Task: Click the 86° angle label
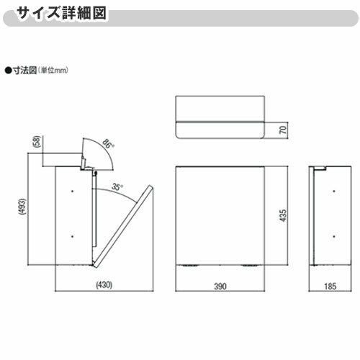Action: (x=109, y=145)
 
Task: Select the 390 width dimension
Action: (x=221, y=286)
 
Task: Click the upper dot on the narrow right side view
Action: (x=333, y=191)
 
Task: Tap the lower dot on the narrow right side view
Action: (x=333, y=235)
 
